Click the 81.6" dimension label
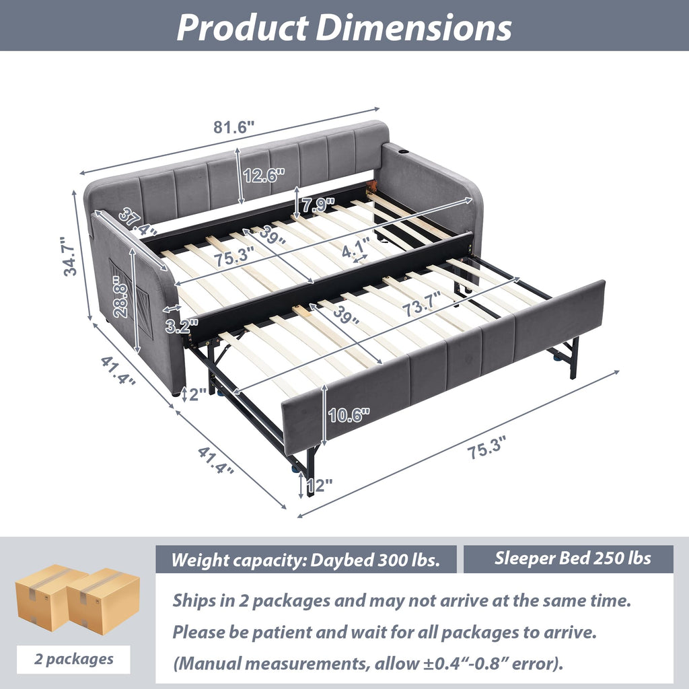tap(233, 127)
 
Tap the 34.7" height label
tap(70, 256)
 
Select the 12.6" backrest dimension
tap(264, 176)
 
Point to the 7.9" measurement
tap(318, 205)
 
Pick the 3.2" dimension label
tap(182, 326)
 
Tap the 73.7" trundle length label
tap(421, 305)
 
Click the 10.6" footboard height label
tap(349, 414)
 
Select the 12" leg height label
tap(319, 486)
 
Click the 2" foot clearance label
tap(197, 394)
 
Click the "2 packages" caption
tap(73, 659)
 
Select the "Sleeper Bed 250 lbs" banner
tap(573, 558)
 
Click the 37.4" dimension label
tap(137, 222)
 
